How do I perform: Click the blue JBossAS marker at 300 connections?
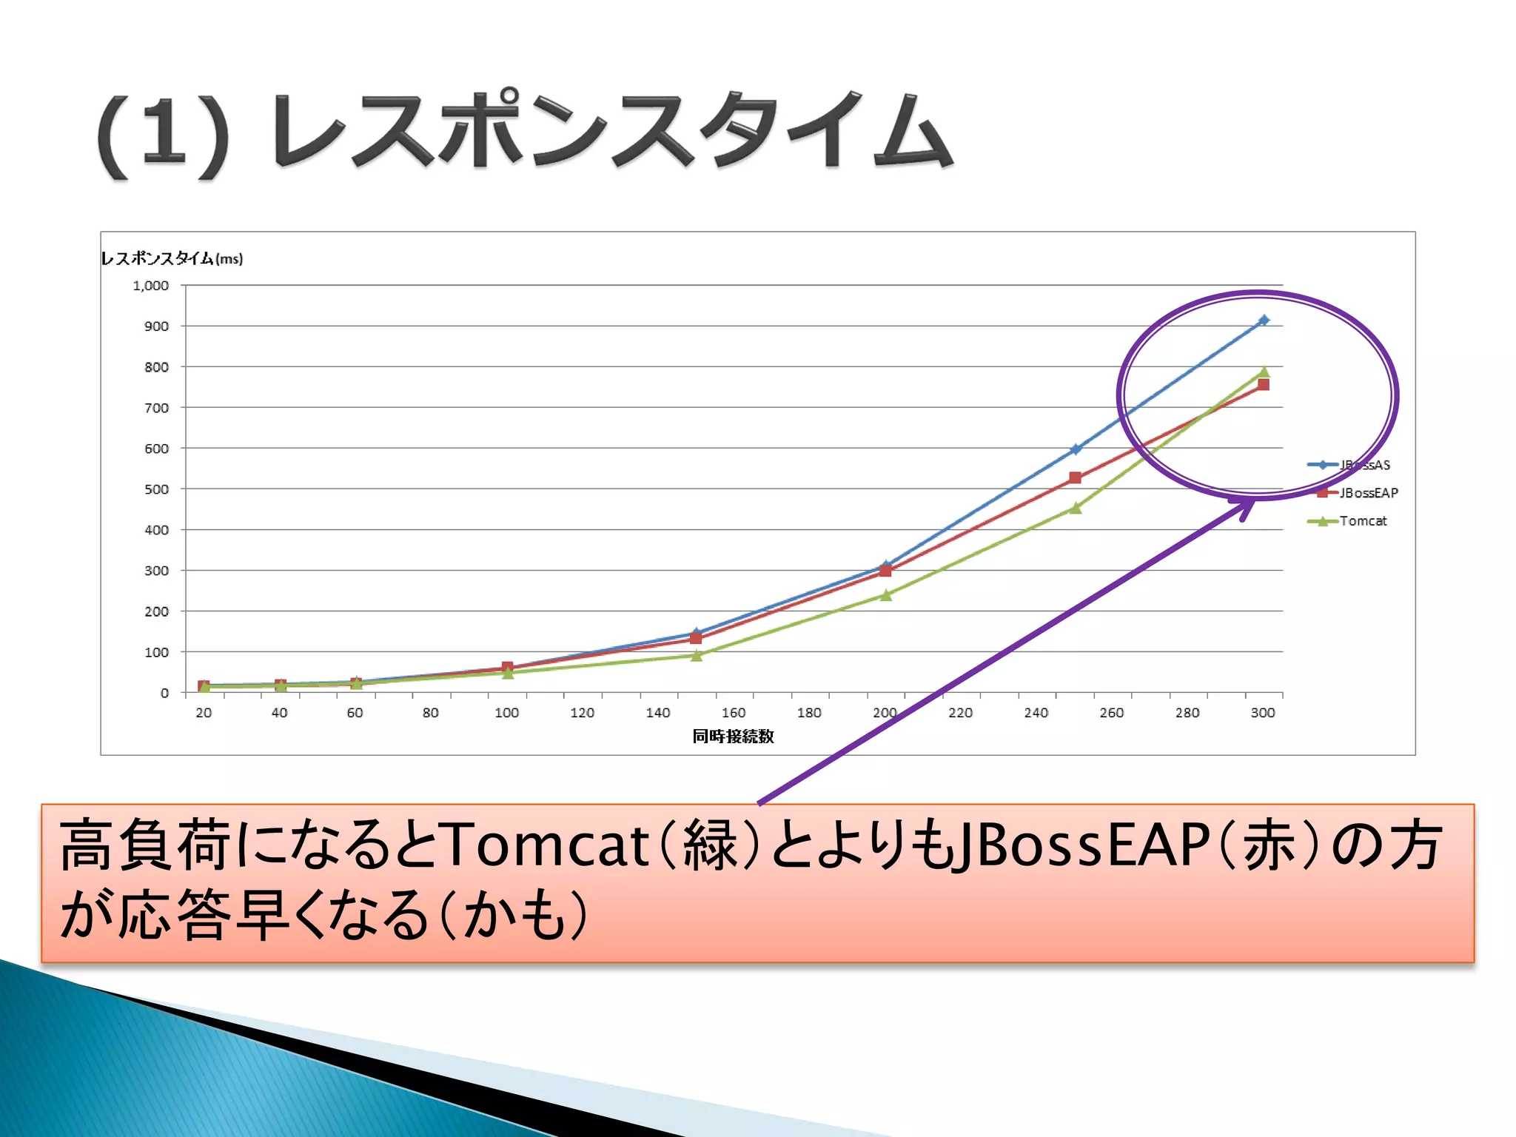1264,320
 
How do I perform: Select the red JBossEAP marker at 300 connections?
1264,384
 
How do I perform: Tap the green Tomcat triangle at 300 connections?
1264,372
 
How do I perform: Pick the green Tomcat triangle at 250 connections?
1076,508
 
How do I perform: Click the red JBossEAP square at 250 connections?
1076,477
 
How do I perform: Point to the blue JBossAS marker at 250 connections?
1076,449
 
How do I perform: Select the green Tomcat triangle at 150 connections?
697,655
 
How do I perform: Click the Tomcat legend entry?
1362,521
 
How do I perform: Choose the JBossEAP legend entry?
1368,493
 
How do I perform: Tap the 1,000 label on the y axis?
151,286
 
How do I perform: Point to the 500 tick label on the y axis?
156,489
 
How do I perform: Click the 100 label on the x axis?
506,713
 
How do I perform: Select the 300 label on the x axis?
1263,713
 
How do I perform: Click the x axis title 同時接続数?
733,736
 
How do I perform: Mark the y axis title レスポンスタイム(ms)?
172,258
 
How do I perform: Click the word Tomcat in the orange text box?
547,845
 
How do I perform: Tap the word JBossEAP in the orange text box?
1082,845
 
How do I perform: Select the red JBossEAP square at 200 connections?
885,571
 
